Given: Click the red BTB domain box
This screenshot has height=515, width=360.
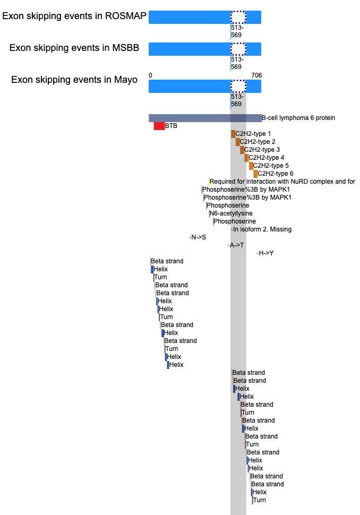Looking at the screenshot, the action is [x=159, y=126].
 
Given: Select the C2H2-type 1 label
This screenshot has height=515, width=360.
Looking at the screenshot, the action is [x=253, y=134].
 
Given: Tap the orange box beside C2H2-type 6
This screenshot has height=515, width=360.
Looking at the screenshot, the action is [x=255, y=174].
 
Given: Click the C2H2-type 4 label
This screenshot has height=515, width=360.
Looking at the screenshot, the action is [x=267, y=158].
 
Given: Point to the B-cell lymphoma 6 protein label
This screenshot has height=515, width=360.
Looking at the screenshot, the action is [x=298, y=118].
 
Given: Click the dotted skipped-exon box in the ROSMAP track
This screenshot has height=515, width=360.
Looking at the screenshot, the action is [x=238, y=17].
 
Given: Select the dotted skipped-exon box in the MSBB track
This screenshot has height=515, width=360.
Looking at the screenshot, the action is [x=238, y=49].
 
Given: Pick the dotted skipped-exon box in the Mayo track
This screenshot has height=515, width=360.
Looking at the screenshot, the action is [x=238, y=87].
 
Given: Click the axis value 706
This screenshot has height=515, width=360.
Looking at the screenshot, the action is [x=256, y=75].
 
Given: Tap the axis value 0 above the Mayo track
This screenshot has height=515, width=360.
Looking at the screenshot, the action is [x=150, y=75].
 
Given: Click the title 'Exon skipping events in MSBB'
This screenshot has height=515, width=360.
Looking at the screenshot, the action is [x=74, y=48].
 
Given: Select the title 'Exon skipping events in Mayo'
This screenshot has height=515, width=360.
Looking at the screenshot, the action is [x=74, y=80].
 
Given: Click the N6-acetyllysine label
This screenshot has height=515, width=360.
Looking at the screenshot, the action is [x=231, y=213].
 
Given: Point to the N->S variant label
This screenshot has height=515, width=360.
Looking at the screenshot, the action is [x=199, y=237].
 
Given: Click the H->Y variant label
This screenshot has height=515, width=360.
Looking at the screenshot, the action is [x=267, y=253].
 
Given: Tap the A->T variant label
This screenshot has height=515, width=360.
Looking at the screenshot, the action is [x=237, y=245].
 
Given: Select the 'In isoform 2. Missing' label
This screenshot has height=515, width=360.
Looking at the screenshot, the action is [x=262, y=229].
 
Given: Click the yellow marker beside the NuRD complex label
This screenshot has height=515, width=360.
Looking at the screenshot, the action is [x=209, y=182].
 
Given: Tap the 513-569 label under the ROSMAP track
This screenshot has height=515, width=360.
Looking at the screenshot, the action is [x=237, y=31].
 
